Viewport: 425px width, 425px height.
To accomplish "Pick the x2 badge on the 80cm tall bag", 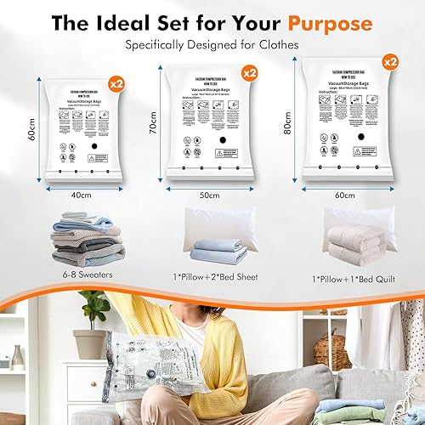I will [x=389, y=62].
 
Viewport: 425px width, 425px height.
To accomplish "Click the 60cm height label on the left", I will [x=31, y=131].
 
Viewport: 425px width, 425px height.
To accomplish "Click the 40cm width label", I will [x=82, y=195].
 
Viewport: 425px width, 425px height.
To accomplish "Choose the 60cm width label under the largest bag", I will [x=346, y=195].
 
